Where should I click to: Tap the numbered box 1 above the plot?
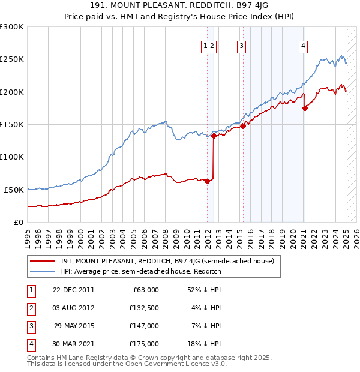point(205,45)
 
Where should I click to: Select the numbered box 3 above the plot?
point(241,45)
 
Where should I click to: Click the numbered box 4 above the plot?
point(303,45)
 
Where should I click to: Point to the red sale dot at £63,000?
point(208,182)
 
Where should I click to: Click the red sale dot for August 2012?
point(214,136)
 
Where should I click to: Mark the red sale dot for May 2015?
point(244,127)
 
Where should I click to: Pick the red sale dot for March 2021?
point(305,109)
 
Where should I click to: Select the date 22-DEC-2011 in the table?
point(74,290)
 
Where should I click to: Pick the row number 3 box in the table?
point(30,326)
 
